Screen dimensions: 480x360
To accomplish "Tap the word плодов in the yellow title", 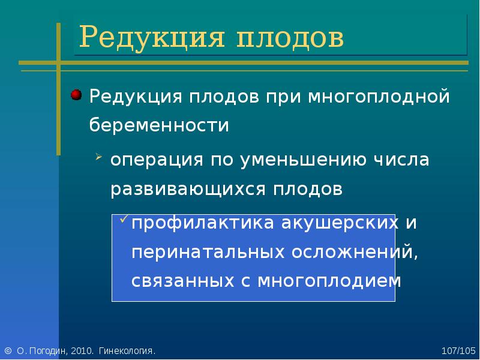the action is click(290, 38).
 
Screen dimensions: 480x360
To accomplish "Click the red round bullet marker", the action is click(76, 95).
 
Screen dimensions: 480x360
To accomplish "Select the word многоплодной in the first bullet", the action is click(379, 97).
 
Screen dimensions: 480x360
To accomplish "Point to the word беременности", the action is click(159, 125).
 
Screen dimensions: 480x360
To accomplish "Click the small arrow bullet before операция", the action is click(98, 157).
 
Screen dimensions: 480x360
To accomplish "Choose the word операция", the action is click(157, 160).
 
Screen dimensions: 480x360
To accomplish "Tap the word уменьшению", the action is click(303, 160).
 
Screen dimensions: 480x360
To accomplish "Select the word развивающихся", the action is click(188, 190).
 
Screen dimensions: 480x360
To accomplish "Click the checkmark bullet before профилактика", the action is click(124, 218).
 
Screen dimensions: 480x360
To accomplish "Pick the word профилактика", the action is click(203, 223).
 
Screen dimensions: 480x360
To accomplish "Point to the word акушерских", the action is click(340, 223).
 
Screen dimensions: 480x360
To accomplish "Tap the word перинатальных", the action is click(208, 253).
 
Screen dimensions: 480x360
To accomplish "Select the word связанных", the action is click(183, 281).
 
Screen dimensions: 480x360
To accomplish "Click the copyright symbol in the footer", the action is click(8, 351).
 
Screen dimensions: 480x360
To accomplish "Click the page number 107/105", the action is click(458, 351).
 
